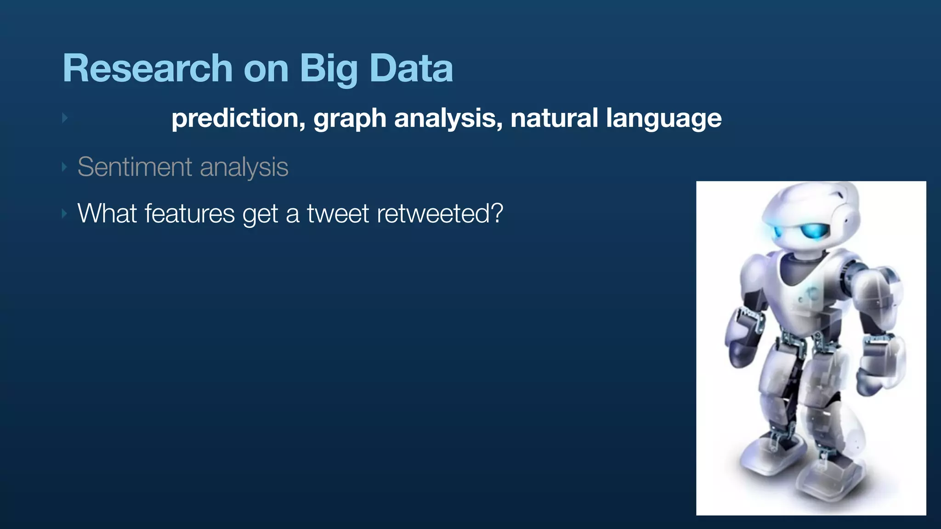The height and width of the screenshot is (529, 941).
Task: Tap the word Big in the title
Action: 328,69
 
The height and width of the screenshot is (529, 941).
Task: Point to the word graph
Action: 350,119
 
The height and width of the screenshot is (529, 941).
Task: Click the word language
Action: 663,119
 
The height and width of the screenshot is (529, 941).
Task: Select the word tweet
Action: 338,214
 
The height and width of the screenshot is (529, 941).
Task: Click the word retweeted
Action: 434,214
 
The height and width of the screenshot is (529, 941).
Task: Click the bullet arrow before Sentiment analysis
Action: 65,167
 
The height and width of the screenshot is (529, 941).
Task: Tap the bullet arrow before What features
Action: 65,214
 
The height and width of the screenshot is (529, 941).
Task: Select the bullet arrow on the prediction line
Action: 65,118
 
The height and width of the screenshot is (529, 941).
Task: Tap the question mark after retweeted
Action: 497,214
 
